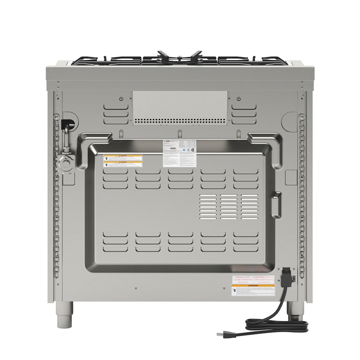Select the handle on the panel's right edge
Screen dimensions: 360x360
tap(277, 205)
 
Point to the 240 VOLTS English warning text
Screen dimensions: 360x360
tap(242, 279)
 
